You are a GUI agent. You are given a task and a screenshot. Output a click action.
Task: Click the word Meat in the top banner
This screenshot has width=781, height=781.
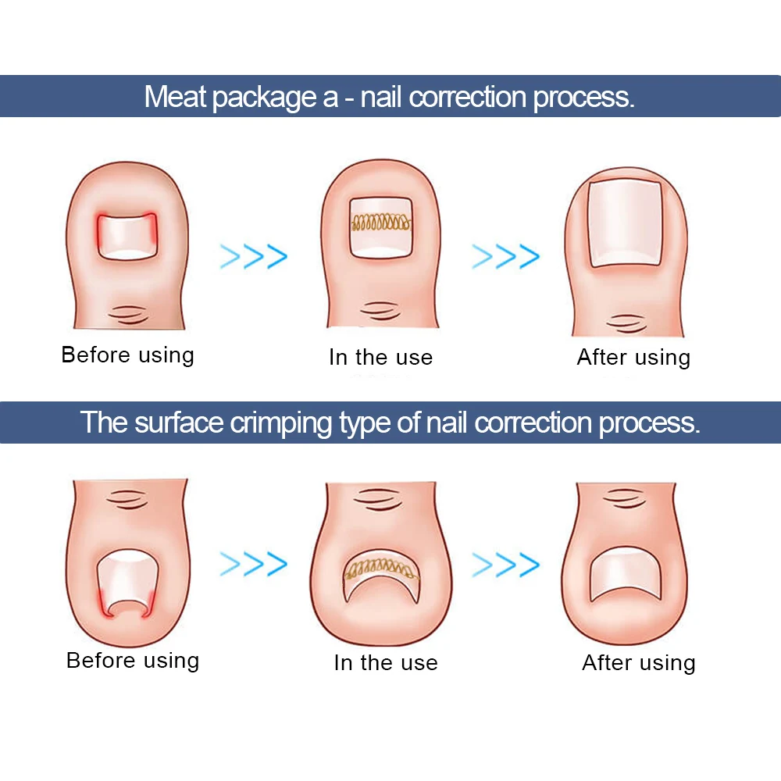point(175,97)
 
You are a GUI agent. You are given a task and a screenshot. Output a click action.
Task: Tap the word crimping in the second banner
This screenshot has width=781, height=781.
point(281,423)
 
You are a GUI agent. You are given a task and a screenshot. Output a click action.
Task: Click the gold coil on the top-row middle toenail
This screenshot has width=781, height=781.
point(381,222)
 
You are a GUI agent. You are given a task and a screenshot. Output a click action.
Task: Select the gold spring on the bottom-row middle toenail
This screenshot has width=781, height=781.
point(380,569)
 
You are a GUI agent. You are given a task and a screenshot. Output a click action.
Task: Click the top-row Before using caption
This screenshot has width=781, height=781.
point(127,355)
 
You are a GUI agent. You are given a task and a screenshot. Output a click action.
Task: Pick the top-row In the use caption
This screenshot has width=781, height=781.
point(380,358)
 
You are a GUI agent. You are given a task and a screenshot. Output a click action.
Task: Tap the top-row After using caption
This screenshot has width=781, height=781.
point(633,358)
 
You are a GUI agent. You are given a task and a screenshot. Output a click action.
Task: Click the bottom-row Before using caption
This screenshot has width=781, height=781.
point(133,661)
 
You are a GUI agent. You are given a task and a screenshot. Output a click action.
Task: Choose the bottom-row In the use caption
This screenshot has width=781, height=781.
point(386,663)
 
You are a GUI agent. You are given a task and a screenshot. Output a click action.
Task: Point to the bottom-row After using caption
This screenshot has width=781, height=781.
point(639,663)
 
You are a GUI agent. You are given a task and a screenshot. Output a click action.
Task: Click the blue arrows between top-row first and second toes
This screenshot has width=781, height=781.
point(254,256)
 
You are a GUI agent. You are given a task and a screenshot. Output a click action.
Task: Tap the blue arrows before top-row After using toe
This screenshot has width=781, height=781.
point(505,256)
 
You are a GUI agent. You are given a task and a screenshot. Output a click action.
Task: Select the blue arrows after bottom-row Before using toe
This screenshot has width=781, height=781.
point(254,564)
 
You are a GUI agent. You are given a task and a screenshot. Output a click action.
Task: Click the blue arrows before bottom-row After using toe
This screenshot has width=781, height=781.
point(505,565)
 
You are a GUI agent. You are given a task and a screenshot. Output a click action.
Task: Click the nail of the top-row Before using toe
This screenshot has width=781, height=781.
point(127,236)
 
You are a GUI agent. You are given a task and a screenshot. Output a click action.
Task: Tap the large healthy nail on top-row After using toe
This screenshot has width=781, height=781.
point(625,223)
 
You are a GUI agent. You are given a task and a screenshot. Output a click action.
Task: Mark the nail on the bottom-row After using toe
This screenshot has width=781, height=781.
point(626,575)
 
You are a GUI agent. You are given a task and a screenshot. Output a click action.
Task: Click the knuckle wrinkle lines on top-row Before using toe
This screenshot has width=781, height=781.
point(129,315)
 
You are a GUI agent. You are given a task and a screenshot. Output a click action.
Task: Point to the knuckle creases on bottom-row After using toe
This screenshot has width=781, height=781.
point(625,498)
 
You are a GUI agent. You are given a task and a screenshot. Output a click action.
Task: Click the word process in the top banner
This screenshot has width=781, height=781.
point(583,98)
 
